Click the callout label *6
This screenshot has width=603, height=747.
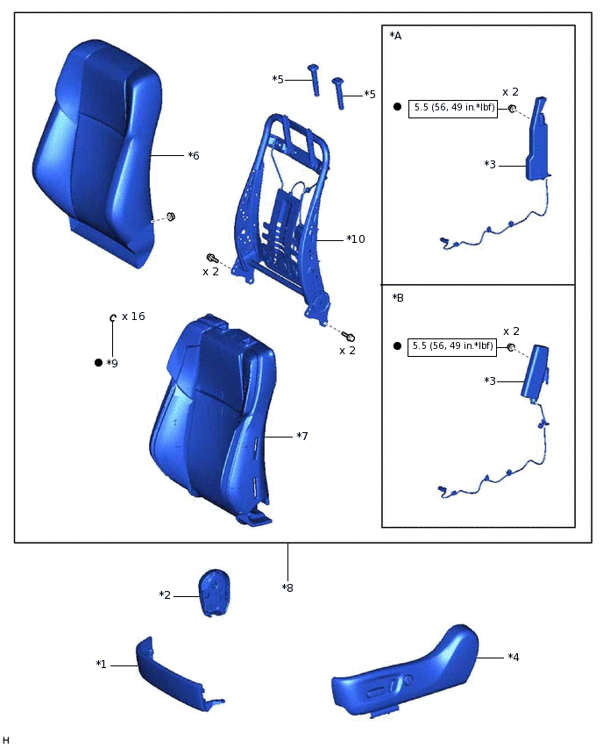[194, 155]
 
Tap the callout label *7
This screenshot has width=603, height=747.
[302, 436]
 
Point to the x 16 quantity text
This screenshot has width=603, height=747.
[133, 316]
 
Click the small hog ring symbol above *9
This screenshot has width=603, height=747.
[113, 317]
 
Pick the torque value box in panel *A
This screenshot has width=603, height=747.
[452, 109]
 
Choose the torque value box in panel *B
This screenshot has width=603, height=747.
[452, 346]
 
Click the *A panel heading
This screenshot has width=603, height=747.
[395, 36]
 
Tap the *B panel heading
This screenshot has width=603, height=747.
[398, 298]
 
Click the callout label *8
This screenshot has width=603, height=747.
[287, 587]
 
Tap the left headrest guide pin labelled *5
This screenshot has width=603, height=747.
[312, 80]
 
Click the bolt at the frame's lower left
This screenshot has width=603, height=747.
[211, 258]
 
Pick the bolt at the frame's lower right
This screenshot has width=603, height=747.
[349, 337]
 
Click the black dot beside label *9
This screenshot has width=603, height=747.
[98, 362]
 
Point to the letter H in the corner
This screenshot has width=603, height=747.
[6, 741]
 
